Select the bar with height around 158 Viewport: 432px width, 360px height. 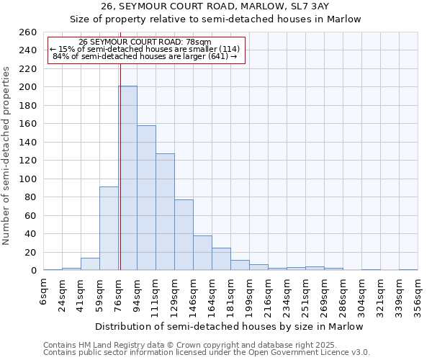coord(146,198)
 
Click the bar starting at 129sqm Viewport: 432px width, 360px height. coord(184,235)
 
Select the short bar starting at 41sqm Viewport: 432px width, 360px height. coord(90,264)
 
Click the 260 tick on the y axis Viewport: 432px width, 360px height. coord(28,32)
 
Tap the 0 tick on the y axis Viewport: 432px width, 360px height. coord(33,271)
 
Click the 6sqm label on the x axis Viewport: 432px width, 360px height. coord(44,292)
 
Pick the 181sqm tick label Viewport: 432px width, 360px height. coord(231,295)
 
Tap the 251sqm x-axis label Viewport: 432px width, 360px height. coord(306,295)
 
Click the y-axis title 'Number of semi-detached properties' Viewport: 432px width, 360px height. coord(7,156)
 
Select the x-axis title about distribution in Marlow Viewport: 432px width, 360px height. coord(239,326)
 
